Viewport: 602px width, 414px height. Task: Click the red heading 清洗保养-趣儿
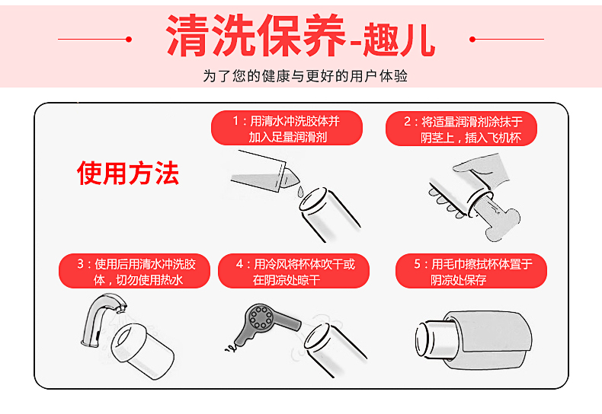(x=301, y=36)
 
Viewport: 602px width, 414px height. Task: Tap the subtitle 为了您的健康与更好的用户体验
(x=305, y=76)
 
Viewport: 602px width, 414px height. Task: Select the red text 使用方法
(x=128, y=174)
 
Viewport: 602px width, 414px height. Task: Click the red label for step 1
(x=287, y=129)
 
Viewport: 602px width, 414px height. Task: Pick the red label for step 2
(x=461, y=129)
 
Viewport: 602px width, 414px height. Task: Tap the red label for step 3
(x=134, y=271)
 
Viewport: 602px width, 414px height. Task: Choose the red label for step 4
(x=293, y=271)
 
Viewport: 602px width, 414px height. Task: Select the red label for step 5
(x=471, y=271)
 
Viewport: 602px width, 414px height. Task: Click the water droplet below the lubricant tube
(x=300, y=191)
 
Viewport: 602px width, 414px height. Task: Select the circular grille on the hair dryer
(x=261, y=317)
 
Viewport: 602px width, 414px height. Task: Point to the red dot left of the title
(x=129, y=39)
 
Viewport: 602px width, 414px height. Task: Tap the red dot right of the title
(x=472, y=39)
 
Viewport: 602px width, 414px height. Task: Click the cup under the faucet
(x=142, y=351)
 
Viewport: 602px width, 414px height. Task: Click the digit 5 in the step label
(x=418, y=264)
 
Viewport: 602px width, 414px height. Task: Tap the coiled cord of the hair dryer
(x=231, y=347)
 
